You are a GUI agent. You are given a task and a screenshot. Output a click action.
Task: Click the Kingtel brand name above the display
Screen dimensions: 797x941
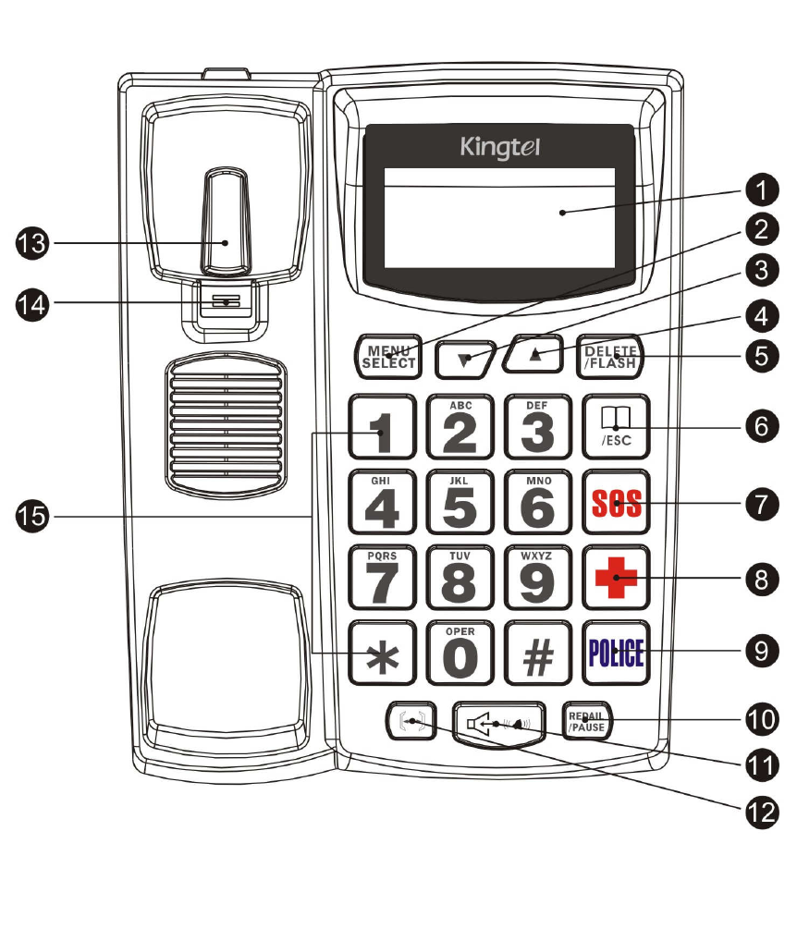point(500,148)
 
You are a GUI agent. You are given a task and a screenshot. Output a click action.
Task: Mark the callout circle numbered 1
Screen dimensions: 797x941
point(760,192)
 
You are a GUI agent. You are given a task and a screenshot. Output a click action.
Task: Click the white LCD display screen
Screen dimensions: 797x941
point(499,218)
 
